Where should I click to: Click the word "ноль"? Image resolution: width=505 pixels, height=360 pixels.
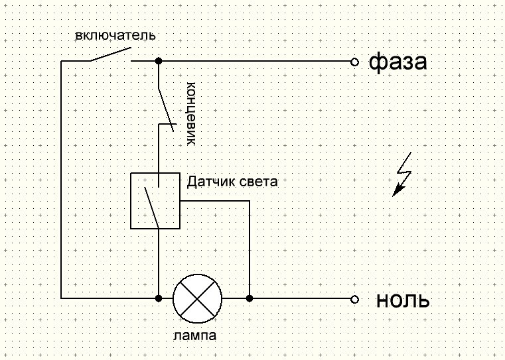[403, 300]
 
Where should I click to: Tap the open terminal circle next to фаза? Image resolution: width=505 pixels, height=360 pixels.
[354, 62]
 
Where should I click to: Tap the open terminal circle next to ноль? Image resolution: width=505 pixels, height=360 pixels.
[354, 299]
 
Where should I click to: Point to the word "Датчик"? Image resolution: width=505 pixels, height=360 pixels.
[209, 181]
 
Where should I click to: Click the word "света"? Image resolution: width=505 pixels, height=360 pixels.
[255, 181]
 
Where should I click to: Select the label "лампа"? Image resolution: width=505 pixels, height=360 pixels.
[195, 336]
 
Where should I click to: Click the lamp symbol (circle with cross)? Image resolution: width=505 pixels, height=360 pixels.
[197, 298]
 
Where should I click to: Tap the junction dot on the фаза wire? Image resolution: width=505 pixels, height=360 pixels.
[158, 62]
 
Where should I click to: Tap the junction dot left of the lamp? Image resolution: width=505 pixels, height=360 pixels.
[158, 298]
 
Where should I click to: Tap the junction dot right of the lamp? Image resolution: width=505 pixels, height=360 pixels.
[250, 298]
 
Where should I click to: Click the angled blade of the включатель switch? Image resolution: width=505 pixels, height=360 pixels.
[109, 54]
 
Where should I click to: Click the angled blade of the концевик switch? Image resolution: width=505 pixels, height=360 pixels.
[167, 109]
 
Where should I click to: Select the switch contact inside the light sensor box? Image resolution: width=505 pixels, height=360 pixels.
[152, 206]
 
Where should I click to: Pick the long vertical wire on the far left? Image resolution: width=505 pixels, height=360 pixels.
[61, 179]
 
